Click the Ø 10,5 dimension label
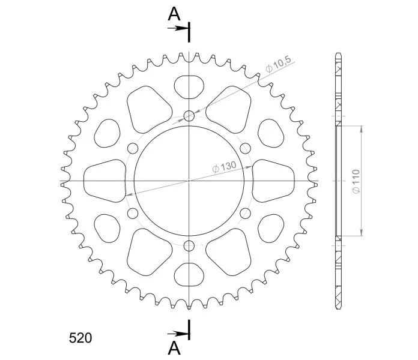click(279, 64)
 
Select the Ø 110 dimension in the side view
click(356, 181)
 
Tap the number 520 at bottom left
click(80, 338)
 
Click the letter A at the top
click(174, 14)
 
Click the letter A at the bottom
click(174, 348)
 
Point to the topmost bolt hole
click(189, 116)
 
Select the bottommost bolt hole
click(189, 245)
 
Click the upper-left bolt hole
click(133, 148)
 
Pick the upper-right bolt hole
click(245, 148)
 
